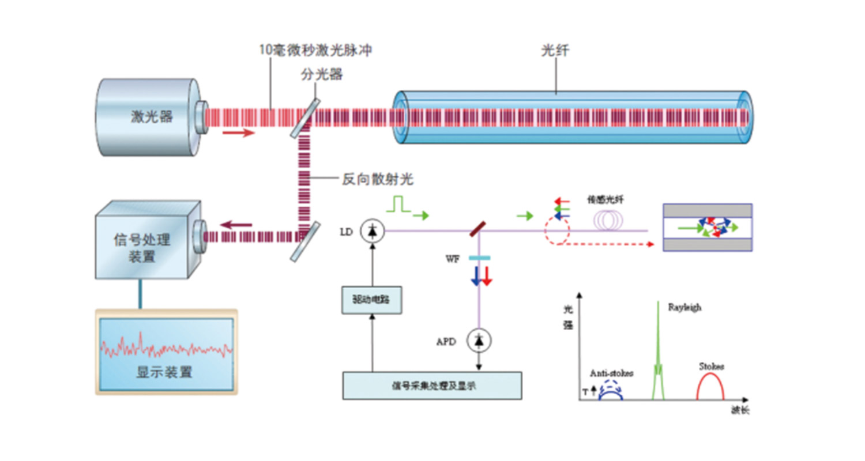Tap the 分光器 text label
click(x=318, y=75)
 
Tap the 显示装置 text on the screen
click(x=164, y=372)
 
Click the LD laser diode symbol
click(x=371, y=231)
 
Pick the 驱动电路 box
click(x=371, y=300)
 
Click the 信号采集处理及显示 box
click(x=432, y=385)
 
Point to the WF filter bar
click(x=479, y=258)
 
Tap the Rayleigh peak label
click(x=685, y=307)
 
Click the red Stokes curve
click(x=710, y=383)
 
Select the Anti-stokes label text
click(x=611, y=373)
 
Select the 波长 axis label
click(x=740, y=411)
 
